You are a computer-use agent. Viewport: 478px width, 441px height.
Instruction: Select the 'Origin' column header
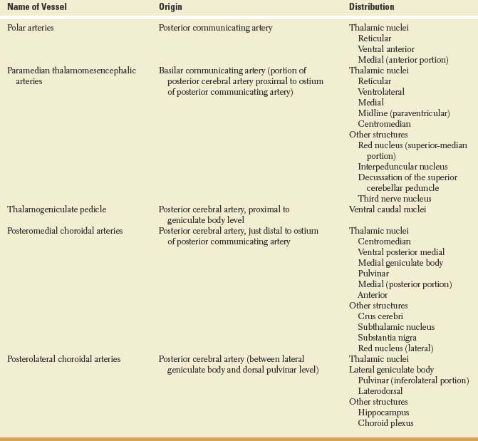(171, 7)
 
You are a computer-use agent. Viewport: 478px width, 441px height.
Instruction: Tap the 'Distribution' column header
(371, 7)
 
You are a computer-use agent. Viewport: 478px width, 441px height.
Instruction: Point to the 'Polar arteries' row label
(33, 28)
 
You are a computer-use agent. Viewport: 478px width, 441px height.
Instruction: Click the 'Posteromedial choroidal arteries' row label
(65, 231)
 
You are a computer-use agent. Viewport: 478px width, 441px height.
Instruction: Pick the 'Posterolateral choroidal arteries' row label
(64, 359)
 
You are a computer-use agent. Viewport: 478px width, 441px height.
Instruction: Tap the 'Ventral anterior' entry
(386, 49)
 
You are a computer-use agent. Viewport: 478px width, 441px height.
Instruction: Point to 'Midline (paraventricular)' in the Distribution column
(404, 113)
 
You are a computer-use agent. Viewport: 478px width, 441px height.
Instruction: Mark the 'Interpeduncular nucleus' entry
(403, 167)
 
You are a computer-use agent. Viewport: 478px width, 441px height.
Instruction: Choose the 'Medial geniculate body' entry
(400, 263)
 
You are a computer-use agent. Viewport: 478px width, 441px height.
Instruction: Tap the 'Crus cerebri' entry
(381, 316)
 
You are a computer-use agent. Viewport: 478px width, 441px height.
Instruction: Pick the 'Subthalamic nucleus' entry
(396, 327)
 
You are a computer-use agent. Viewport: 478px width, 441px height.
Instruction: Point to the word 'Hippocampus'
(384, 413)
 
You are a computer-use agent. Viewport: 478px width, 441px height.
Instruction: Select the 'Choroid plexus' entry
(385, 423)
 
